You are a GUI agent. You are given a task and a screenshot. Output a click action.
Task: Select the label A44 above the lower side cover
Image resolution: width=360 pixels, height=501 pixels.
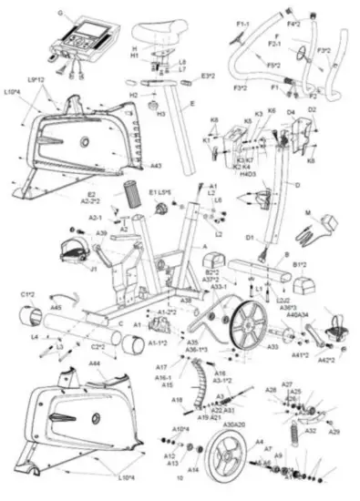pos(94,363)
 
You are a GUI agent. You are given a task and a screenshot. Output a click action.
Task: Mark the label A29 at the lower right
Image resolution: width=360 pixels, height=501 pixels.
pos(334,431)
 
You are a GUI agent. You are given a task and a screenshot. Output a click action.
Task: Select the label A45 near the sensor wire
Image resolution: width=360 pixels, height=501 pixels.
pos(57,308)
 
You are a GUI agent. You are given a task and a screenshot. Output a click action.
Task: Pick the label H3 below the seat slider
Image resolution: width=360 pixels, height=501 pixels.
pos(161,115)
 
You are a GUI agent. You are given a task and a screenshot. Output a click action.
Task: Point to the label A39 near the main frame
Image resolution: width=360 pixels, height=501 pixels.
pos(102,234)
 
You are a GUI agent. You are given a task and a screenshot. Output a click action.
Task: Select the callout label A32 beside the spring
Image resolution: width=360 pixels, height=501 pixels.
pos(311,431)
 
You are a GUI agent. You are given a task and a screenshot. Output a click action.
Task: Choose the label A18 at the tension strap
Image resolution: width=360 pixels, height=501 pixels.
pos(177,399)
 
